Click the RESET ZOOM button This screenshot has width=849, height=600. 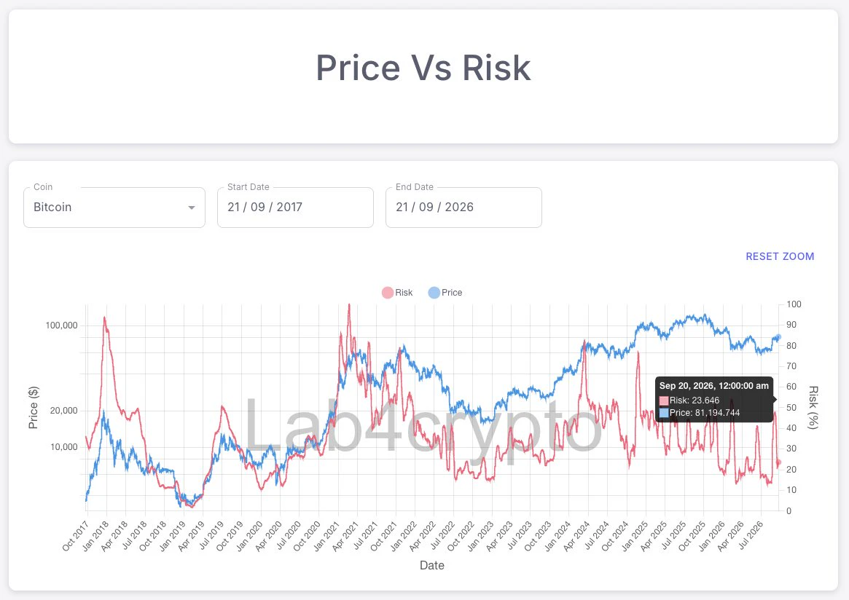pos(780,256)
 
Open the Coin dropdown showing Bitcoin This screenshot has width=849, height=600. pos(114,208)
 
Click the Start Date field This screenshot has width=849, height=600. pos(295,208)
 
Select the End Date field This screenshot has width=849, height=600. pos(463,208)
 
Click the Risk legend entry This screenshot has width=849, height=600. pos(397,293)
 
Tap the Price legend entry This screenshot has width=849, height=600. pos(445,293)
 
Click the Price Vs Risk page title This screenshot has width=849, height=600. pos(423,68)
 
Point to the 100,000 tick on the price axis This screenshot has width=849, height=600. pos(62,325)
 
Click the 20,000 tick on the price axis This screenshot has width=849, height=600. pos(64,410)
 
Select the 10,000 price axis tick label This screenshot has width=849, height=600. pos(64,447)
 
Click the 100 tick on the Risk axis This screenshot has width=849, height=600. pos(794,304)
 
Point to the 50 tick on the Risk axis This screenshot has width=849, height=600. pos(791,407)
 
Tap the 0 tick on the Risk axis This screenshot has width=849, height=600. pos(789,510)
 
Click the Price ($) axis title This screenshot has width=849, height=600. pos(34,408)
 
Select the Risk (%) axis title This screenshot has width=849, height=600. pos(813,407)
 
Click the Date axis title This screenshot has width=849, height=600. pos(432,565)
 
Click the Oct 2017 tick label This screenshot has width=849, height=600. pos(75,536)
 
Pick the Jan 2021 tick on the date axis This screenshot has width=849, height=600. pos(326,536)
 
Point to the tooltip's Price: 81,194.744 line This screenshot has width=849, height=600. pos(700,413)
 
